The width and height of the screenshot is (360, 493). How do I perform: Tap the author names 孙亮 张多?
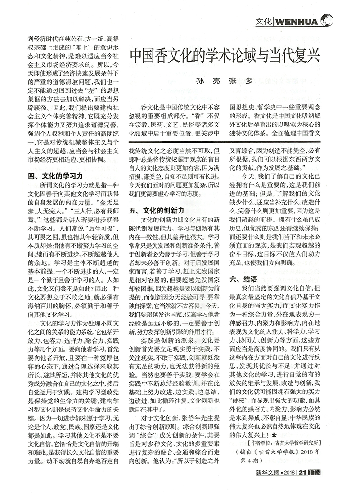click(224, 82)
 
